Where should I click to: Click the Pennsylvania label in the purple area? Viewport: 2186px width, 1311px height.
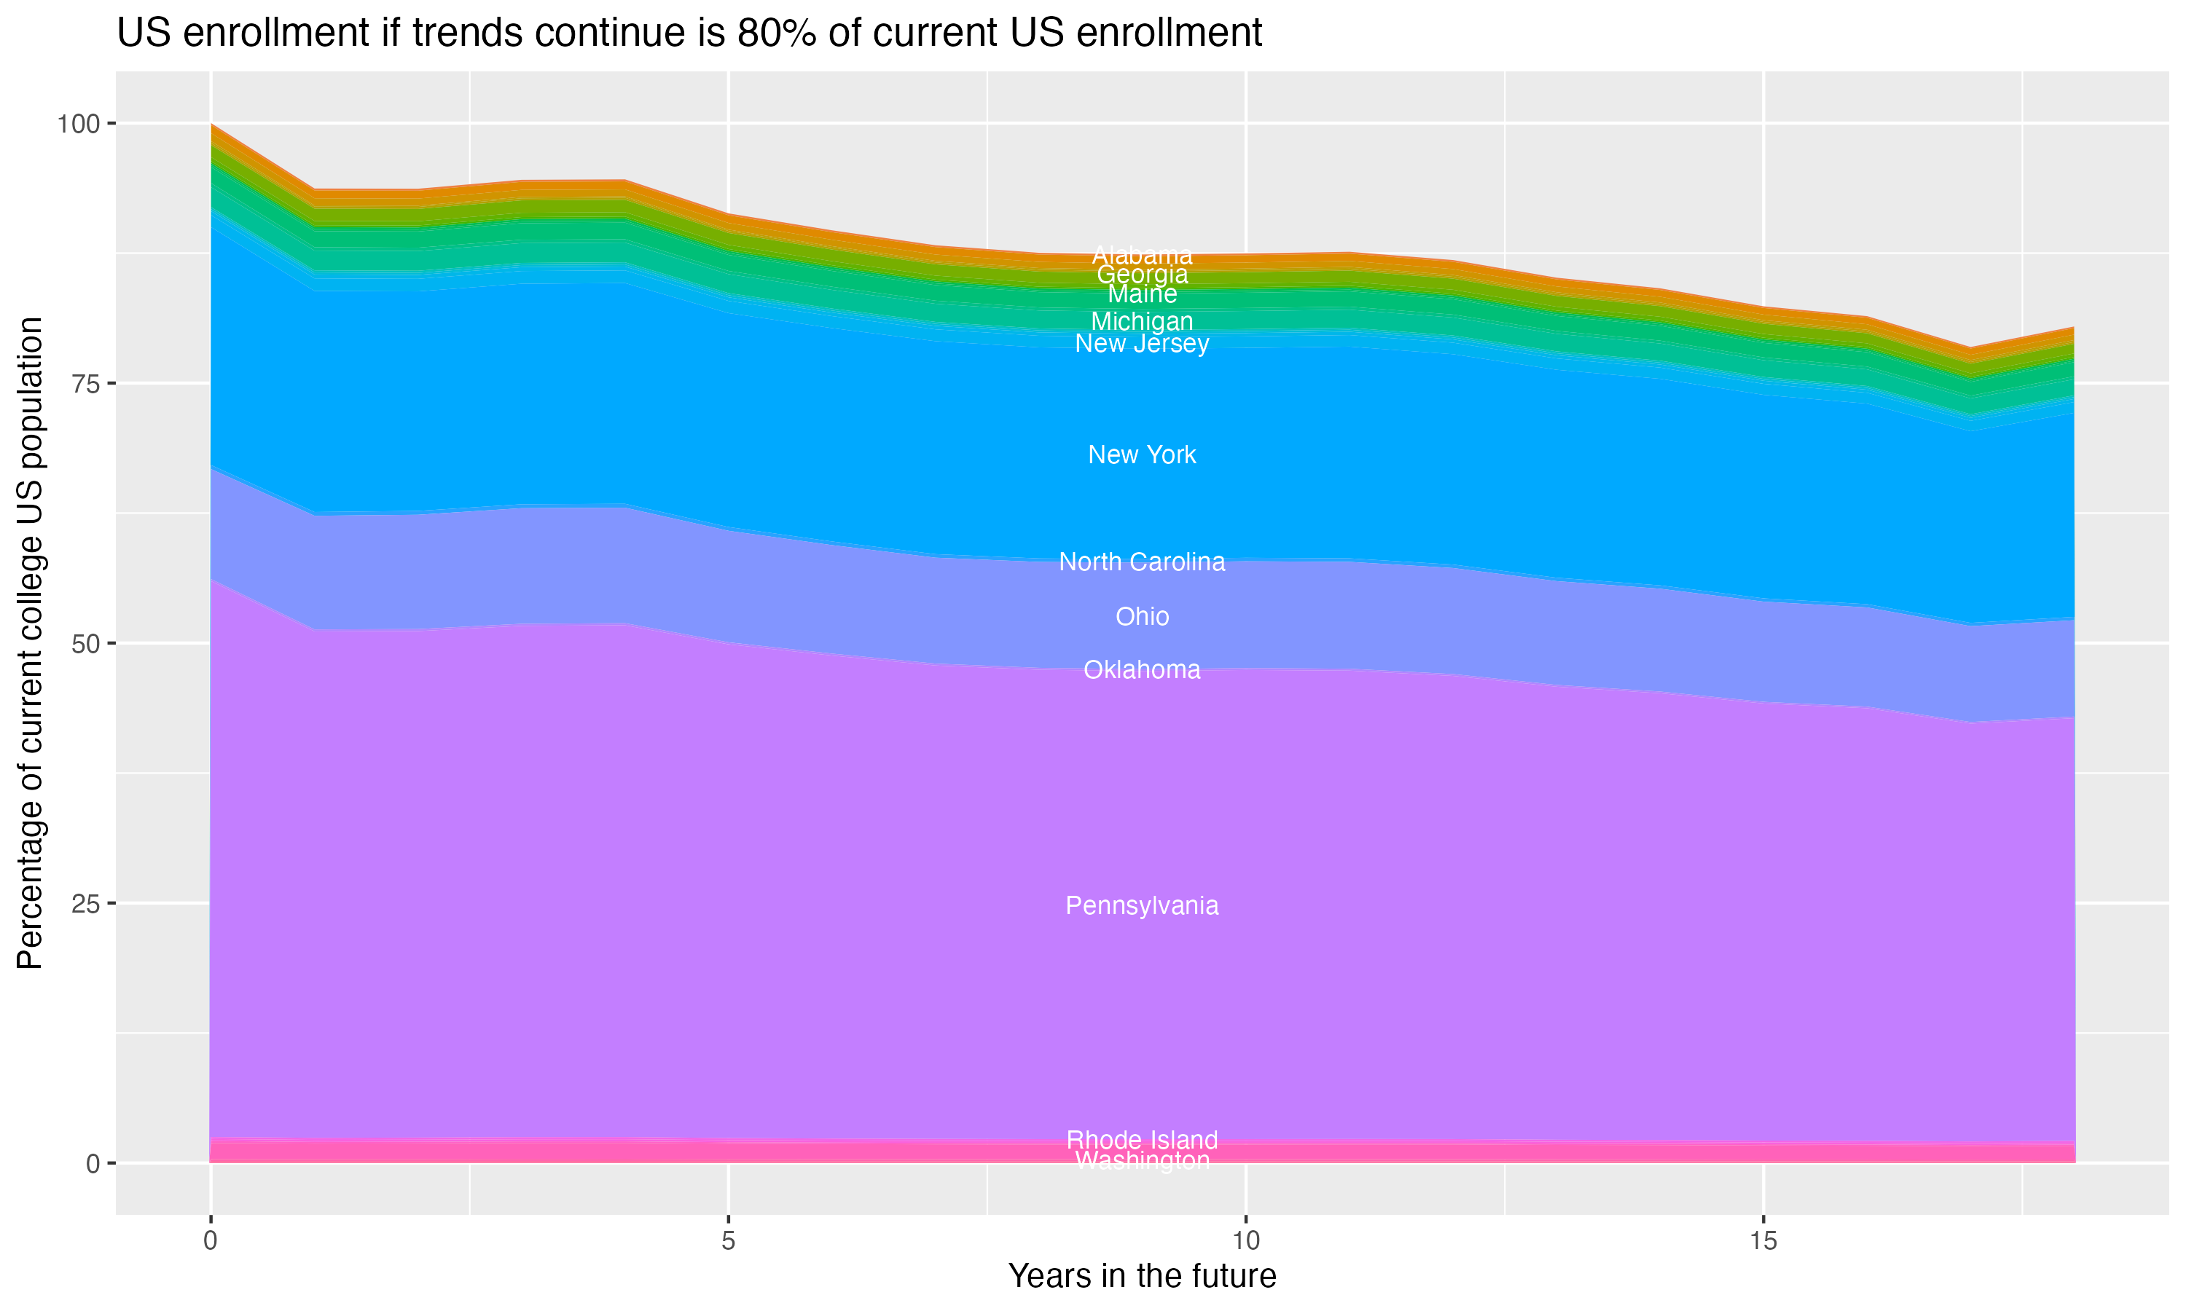tap(1142, 905)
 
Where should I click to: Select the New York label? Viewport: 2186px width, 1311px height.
tap(1142, 455)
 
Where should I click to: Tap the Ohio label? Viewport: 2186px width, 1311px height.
tap(1142, 617)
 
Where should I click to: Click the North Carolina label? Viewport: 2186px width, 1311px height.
tap(1142, 562)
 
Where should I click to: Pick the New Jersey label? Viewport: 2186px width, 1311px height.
tap(1142, 344)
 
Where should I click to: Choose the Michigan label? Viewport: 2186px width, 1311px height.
tap(1142, 322)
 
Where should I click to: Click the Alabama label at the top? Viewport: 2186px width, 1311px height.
tap(1142, 256)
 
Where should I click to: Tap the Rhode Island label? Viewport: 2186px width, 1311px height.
tap(1142, 1140)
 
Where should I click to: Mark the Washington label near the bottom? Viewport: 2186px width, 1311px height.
tap(1142, 1161)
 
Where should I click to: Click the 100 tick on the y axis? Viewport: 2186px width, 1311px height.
tap(79, 124)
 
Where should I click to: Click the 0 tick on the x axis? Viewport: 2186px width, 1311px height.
tap(211, 1241)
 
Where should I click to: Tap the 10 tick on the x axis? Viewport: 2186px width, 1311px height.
tap(1245, 1241)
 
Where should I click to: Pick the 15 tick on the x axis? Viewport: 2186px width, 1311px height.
tap(1763, 1241)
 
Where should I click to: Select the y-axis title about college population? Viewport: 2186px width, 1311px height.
tap(30, 643)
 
